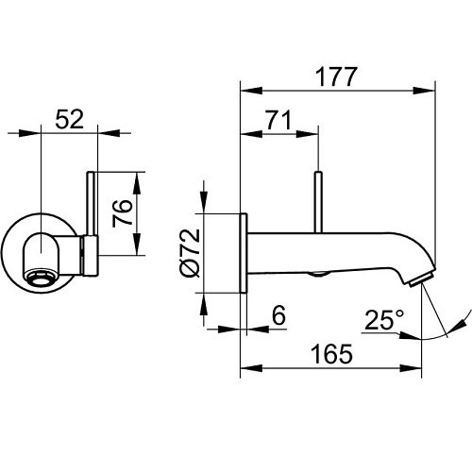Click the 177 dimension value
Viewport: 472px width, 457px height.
336,76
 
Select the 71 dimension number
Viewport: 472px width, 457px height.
278,120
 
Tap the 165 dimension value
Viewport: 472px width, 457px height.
331,354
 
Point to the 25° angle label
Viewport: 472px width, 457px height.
384,320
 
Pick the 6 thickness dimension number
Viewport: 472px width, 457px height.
278,315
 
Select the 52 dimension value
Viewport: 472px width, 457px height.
70,119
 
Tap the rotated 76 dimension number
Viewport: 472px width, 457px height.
123,213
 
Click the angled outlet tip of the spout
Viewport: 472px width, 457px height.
421,279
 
